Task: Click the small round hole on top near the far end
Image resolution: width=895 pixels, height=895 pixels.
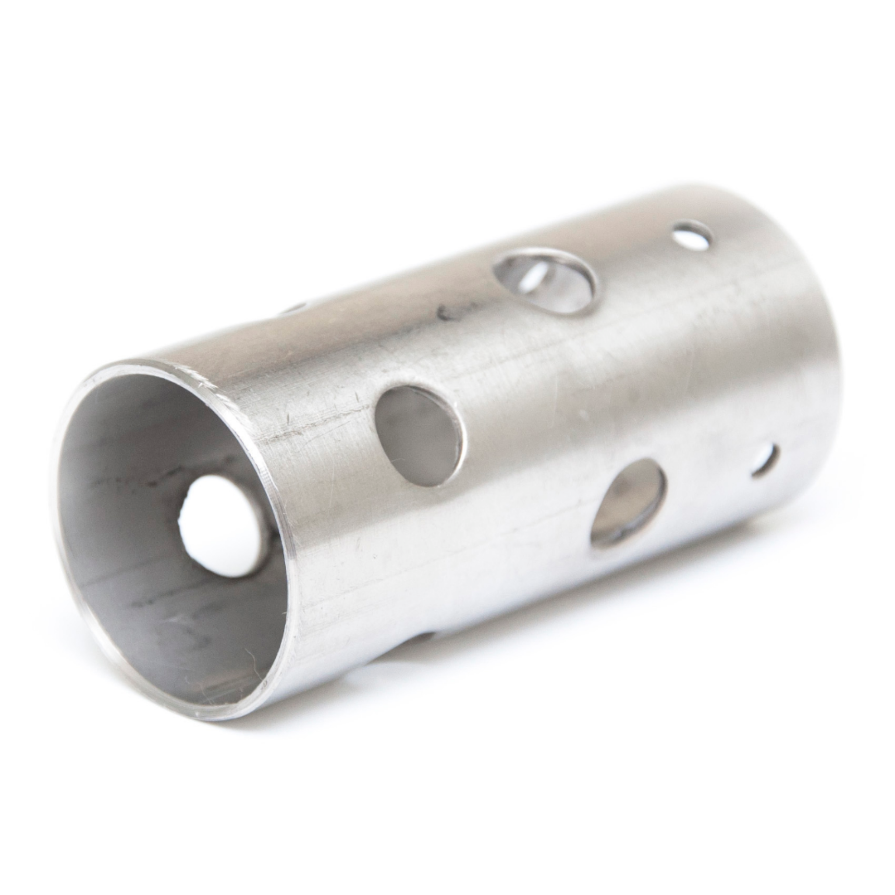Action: [692, 236]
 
